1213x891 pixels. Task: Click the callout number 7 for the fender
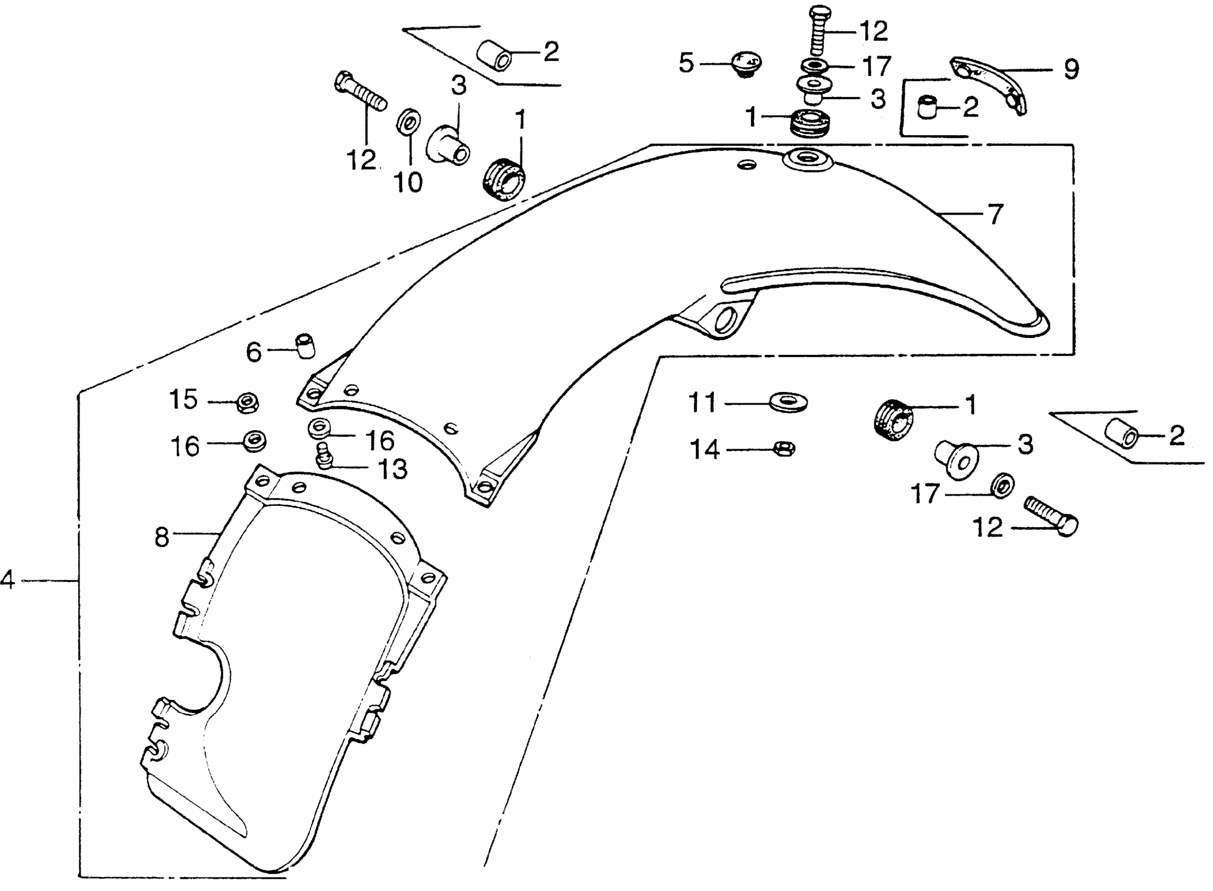(x=995, y=214)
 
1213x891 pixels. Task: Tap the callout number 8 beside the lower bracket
(x=162, y=537)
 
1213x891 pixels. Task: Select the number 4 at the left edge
(x=7, y=580)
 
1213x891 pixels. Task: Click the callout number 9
(x=1071, y=70)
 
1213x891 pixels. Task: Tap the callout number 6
(x=254, y=352)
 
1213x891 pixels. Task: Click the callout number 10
(x=409, y=183)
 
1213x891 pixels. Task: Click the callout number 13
(x=392, y=469)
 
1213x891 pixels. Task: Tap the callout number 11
(x=703, y=403)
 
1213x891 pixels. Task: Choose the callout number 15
(x=184, y=400)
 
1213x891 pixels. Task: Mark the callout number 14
(x=705, y=449)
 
